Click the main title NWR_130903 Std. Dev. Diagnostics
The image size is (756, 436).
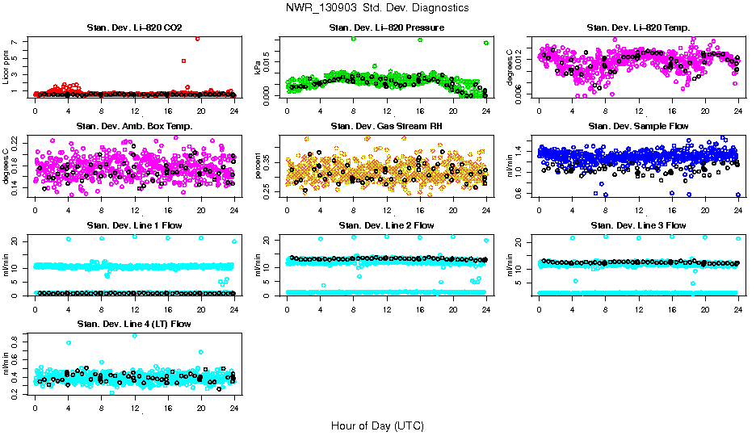click(377, 7)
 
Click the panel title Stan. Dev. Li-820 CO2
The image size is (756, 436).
click(134, 28)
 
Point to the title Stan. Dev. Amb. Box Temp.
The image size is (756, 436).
click(134, 126)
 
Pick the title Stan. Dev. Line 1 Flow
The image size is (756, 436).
click(134, 225)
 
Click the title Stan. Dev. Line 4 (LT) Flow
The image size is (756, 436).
click(134, 324)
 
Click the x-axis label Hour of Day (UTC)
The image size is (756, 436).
click(377, 426)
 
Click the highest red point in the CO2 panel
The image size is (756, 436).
click(198, 39)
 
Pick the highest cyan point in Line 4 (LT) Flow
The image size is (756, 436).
click(134, 335)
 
